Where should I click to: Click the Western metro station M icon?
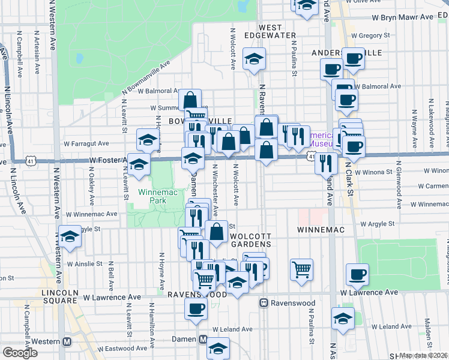click(x=67, y=341)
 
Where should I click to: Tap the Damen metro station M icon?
click(x=203, y=339)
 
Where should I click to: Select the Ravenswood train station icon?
click(x=264, y=303)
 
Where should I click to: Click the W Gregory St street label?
click(x=376, y=36)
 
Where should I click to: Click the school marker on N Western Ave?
click(x=70, y=236)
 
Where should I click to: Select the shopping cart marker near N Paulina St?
click(x=301, y=268)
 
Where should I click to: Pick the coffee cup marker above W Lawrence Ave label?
click(x=357, y=274)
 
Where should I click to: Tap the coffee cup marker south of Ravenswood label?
click(x=196, y=308)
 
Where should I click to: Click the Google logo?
click(x=20, y=353)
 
